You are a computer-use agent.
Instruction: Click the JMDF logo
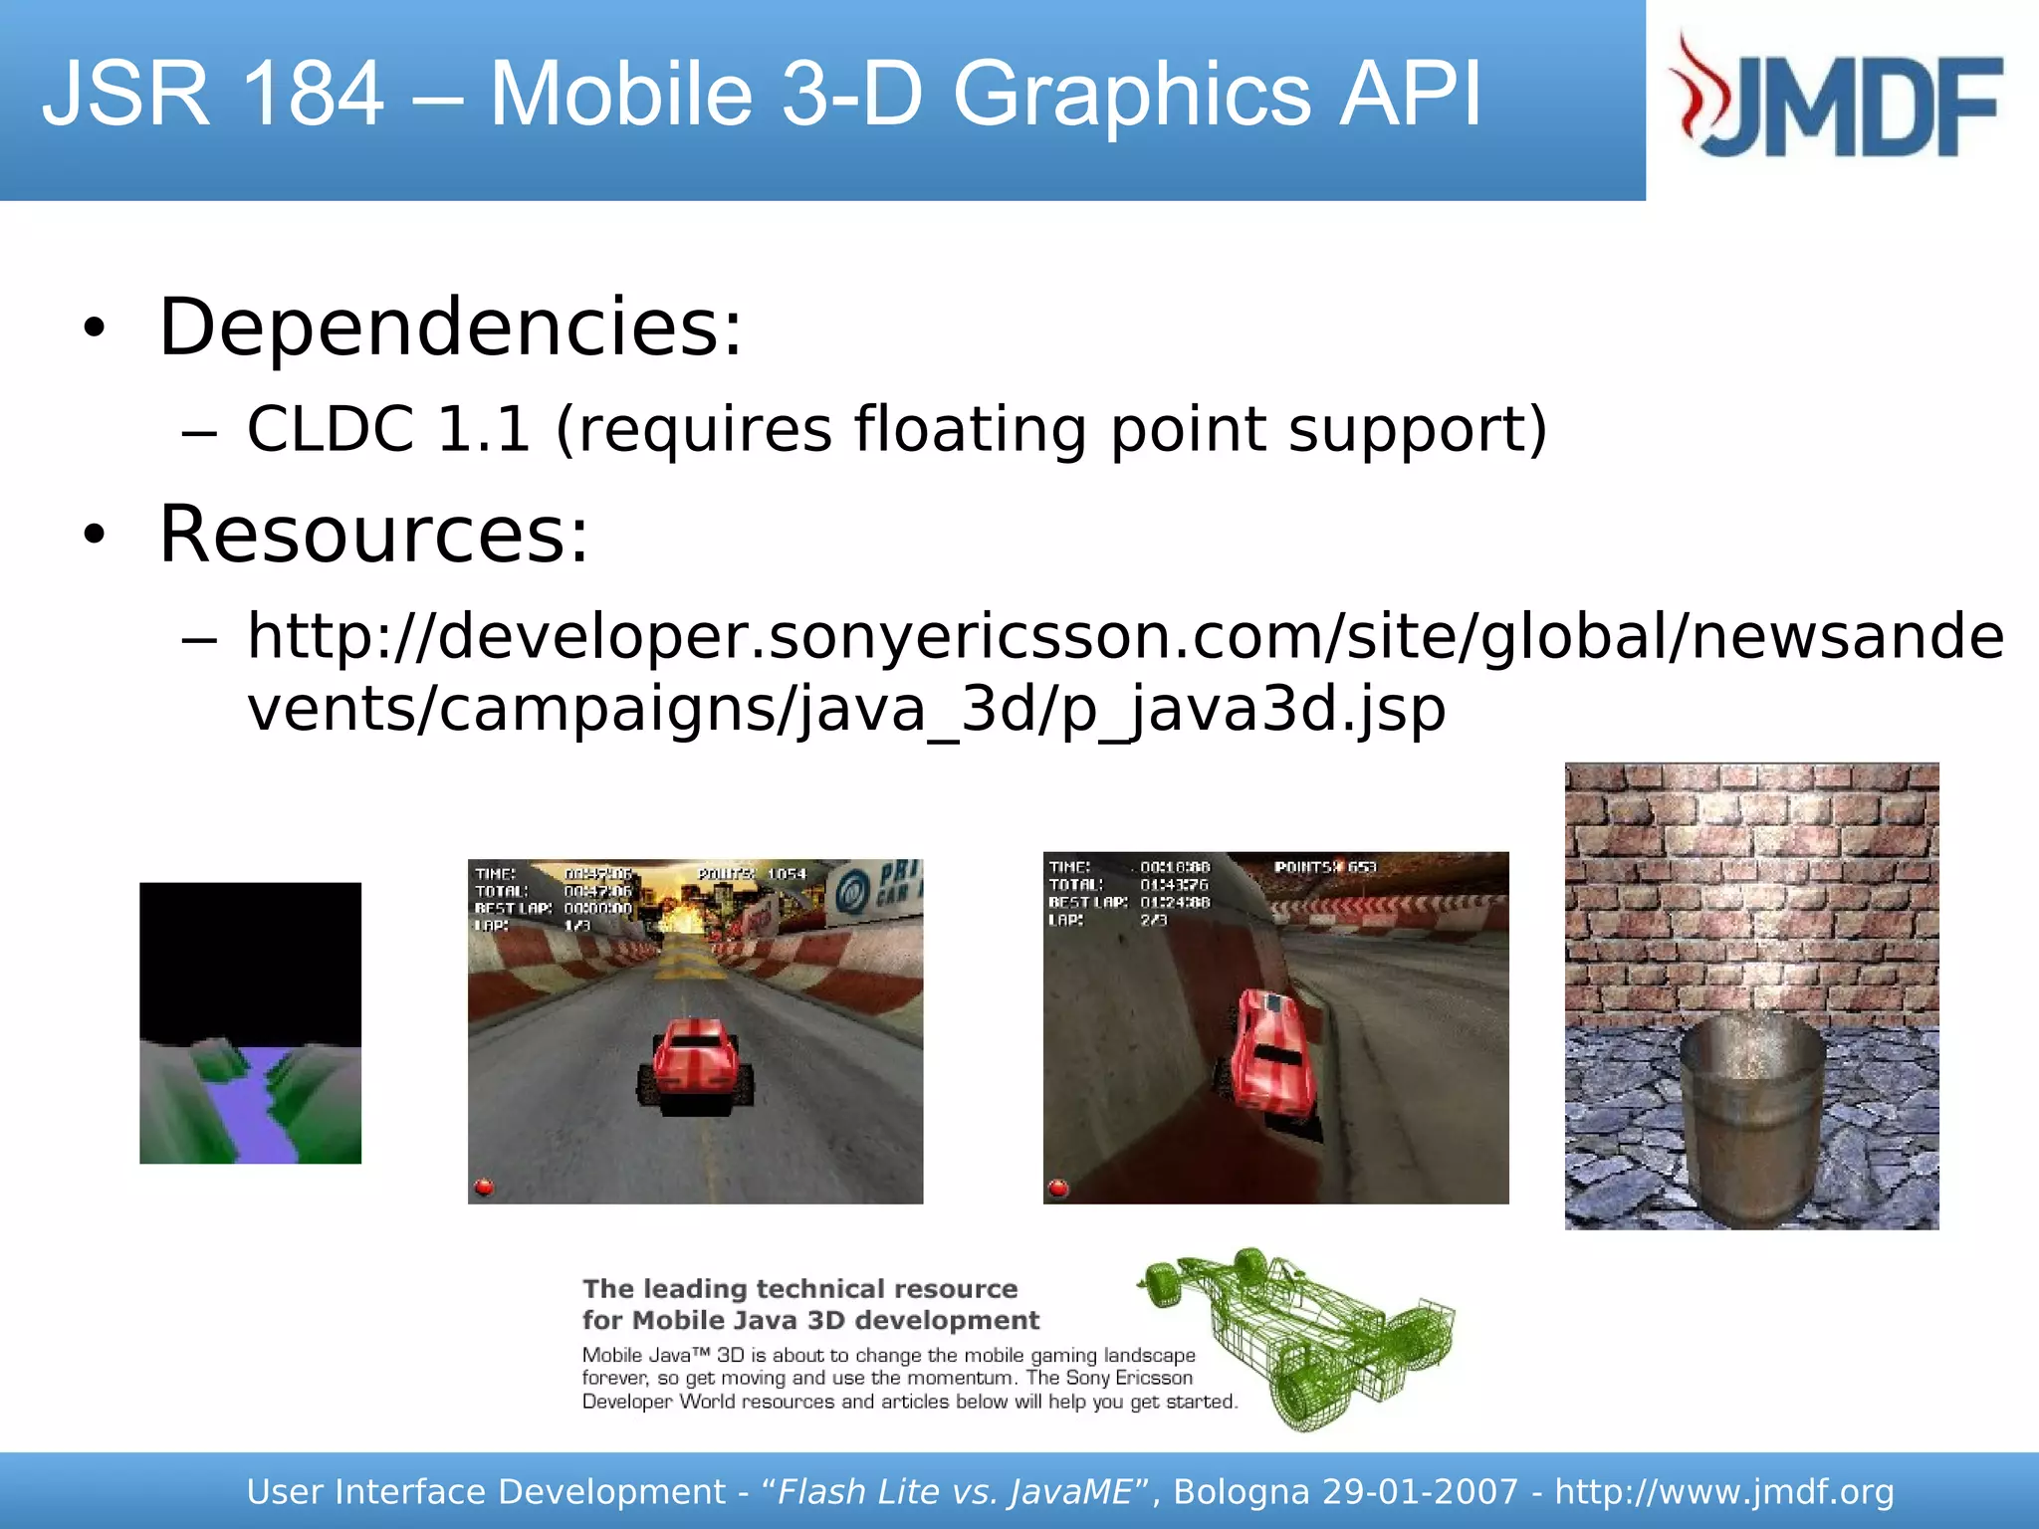(x=1838, y=99)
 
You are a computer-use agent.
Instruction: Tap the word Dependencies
(x=449, y=328)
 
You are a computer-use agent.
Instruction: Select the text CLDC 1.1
(x=388, y=430)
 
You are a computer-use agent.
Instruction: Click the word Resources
(x=373, y=535)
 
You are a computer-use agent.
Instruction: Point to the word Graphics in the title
(x=1131, y=95)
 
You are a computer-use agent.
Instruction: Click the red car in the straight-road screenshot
(x=696, y=1063)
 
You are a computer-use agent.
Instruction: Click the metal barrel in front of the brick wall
(x=1751, y=1115)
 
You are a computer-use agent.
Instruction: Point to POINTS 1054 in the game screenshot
(x=752, y=874)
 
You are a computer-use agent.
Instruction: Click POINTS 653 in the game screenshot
(x=1325, y=867)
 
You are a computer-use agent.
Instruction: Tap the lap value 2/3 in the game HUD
(x=1154, y=920)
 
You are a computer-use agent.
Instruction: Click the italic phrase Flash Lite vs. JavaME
(x=954, y=1491)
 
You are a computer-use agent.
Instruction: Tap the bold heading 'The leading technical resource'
(x=799, y=1289)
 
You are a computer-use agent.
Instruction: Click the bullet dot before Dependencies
(x=95, y=328)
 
